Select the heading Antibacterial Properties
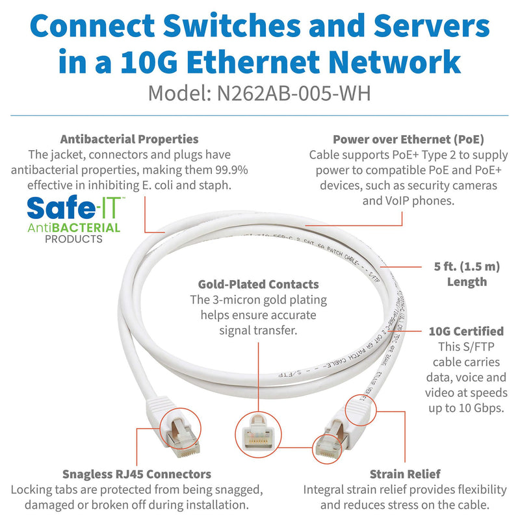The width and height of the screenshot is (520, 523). click(x=129, y=139)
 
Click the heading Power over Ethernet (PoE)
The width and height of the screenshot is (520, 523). click(x=408, y=139)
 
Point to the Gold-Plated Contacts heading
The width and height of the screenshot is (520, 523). click(x=259, y=284)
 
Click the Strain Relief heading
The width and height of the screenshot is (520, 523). click(x=405, y=474)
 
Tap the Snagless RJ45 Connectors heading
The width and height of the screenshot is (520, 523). click(x=136, y=474)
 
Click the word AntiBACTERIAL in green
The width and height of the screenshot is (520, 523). click(x=73, y=227)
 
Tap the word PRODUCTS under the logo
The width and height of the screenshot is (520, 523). click(x=73, y=239)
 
